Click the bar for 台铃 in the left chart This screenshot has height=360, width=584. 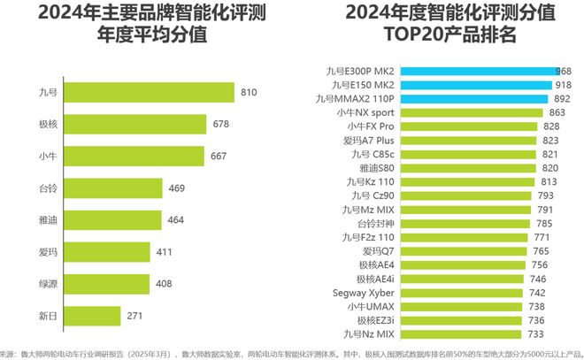pyautogui.click(x=114, y=188)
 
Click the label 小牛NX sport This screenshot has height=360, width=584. pyautogui.click(x=365, y=113)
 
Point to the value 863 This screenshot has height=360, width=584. pyautogui.click(x=557, y=113)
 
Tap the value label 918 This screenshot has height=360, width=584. pyautogui.click(x=562, y=85)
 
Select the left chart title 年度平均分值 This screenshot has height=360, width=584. pyautogui.click(x=150, y=35)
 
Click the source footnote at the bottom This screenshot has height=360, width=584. pyautogui.click(x=292, y=351)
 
